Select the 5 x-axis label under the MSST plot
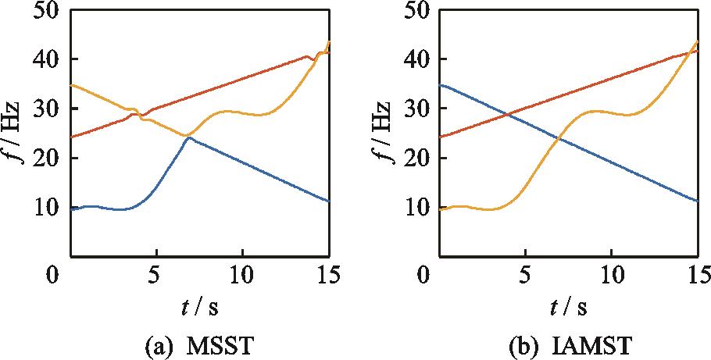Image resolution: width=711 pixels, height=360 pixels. point(156,275)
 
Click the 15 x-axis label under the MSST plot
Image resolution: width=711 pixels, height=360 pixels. point(328,275)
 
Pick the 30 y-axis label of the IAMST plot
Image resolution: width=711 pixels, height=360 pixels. point(422,109)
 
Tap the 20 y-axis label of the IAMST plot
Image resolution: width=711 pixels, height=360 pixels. point(422,159)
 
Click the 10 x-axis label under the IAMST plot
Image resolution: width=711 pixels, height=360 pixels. point(612,275)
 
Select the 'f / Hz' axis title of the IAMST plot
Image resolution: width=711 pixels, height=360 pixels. point(391,134)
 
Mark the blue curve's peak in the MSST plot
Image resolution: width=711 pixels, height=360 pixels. point(188,137)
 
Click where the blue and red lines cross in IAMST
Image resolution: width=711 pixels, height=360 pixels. point(509,115)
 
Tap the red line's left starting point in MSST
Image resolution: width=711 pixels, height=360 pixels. point(71,137)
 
